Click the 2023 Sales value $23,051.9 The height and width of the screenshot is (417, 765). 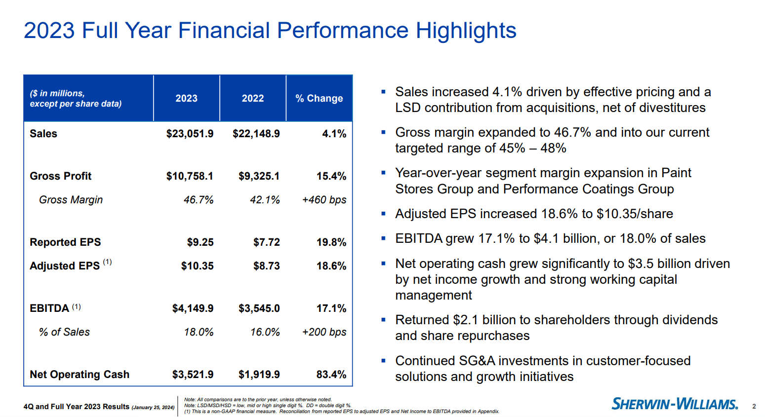pos(190,134)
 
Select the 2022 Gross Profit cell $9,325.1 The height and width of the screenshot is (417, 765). pos(259,176)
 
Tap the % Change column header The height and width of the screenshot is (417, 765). pos(319,98)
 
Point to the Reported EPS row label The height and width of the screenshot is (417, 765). pos(65,242)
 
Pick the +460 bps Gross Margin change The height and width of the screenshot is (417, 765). pos(324,200)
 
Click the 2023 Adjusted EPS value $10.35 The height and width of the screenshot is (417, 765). pos(197,266)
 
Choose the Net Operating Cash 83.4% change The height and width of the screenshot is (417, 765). pos(331,375)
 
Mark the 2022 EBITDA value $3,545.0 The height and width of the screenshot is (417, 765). pos(259,308)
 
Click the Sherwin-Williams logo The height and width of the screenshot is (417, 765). pos(675,404)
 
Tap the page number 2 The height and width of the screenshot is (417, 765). pos(754,407)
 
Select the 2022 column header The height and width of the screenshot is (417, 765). pos(253,98)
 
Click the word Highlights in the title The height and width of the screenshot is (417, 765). pos(466,31)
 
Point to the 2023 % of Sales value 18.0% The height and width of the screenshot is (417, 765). pos(199,332)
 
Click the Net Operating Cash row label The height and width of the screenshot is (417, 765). pos(80,375)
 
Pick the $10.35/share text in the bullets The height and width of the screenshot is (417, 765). pos(635,214)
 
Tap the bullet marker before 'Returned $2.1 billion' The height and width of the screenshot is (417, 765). pos(383,320)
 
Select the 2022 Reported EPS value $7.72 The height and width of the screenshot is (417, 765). pos(266,242)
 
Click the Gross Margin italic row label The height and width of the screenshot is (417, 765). pos(71,200)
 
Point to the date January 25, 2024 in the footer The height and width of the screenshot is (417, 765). pos(153,408)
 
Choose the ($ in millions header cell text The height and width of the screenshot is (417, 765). pos(57,93)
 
